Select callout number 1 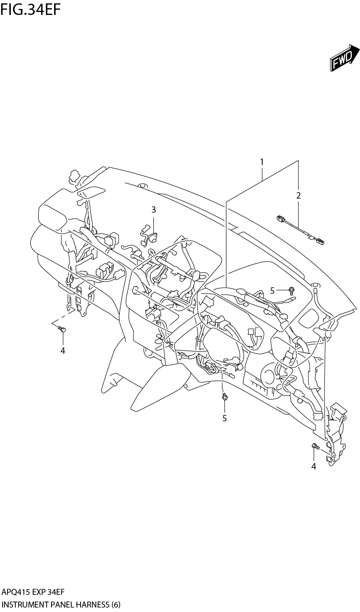click(262, 162)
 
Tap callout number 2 click(298, 195)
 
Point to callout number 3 click(153, 210)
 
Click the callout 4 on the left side click(63, 350)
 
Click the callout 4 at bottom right click(314, 466)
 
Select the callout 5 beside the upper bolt click(272, 290)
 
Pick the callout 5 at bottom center click(225, 418)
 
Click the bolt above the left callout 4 click(62, 329)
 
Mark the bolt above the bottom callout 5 click(224, 397)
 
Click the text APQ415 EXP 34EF click(33, 592)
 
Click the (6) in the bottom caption click(115, 605)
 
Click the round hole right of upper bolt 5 click(315, 285)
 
